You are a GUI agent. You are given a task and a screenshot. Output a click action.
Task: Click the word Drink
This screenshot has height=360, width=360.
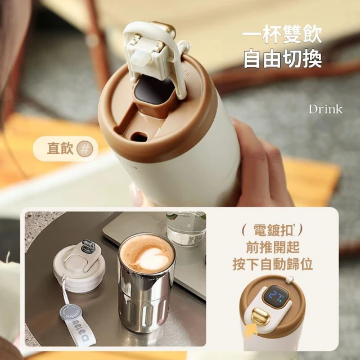[x=326, y=109]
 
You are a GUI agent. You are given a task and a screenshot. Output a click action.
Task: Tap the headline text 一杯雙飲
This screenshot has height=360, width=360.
[x=282, y=34]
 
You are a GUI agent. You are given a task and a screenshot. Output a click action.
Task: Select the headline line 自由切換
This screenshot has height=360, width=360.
[x=282, y=58]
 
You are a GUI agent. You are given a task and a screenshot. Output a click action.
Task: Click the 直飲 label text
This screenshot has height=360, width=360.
[x=60, y=148]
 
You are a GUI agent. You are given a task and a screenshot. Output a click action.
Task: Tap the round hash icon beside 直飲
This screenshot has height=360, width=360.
[x=85, y=148]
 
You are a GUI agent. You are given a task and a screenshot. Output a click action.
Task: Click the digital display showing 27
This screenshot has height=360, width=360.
[x=276, y=294]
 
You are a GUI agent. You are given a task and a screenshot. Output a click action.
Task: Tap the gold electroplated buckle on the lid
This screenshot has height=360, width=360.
[x=260, y=316]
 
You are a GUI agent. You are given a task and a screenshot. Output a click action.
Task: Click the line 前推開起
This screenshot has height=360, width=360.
[x=273, y=247]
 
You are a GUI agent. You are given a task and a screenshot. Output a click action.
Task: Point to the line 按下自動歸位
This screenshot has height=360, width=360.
[x=273, y=264]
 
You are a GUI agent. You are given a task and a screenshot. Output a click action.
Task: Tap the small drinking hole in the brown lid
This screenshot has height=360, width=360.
[x=138, y=137]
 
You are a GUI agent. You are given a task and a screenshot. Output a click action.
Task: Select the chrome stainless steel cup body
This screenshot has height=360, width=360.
[x=146, y=294]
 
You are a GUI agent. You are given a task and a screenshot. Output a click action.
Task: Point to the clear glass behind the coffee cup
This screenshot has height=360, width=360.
[x=186, y=228]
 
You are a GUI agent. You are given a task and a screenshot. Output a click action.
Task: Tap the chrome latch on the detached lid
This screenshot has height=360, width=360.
[x=88, y=246]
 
